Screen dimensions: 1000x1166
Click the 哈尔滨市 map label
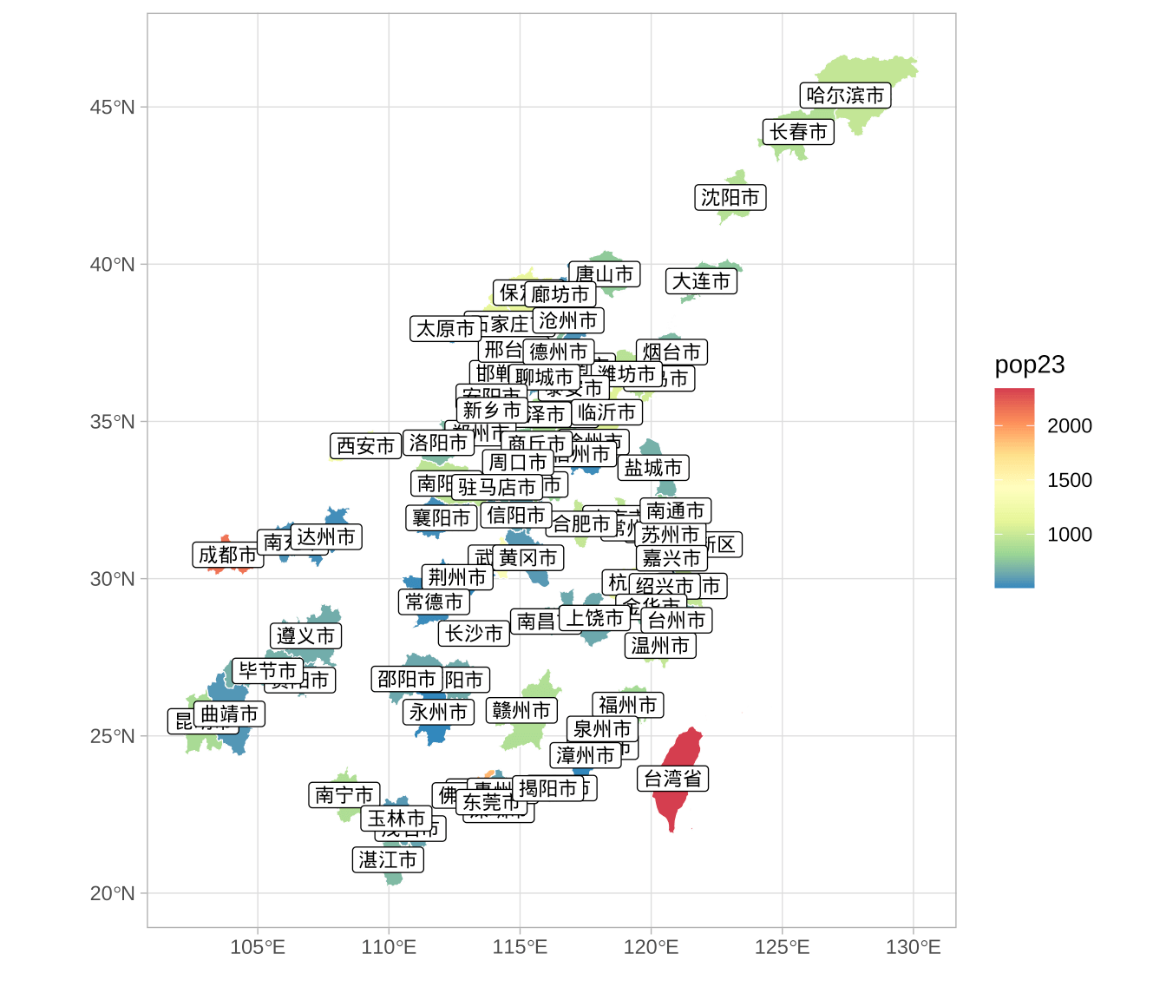(845, 95)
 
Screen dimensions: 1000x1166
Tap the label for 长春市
(798, 132)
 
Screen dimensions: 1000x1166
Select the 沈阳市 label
(730, 198)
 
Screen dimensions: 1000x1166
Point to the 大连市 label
(701, 281)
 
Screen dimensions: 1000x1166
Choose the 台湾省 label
(672, 779)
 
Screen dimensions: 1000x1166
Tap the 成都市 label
(227, 555)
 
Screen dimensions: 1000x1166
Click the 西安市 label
(365, 446)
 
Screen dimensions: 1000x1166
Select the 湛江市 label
(388, 860)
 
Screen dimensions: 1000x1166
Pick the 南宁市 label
(344, 795)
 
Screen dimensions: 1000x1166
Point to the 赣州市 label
(521, 711)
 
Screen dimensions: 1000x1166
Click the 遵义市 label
(305, 636)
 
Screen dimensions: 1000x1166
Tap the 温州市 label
(659, 646)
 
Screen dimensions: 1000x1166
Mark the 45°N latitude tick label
(112, 108)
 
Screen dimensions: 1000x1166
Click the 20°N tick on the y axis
(112, 893)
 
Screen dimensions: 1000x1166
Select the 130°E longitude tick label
(913, 947)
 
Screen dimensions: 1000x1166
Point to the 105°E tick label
(258, 947)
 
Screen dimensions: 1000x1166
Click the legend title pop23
(1030, 365)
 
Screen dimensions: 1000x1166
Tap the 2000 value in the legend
(1069, 425)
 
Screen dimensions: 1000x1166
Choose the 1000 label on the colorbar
(1069, 535)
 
